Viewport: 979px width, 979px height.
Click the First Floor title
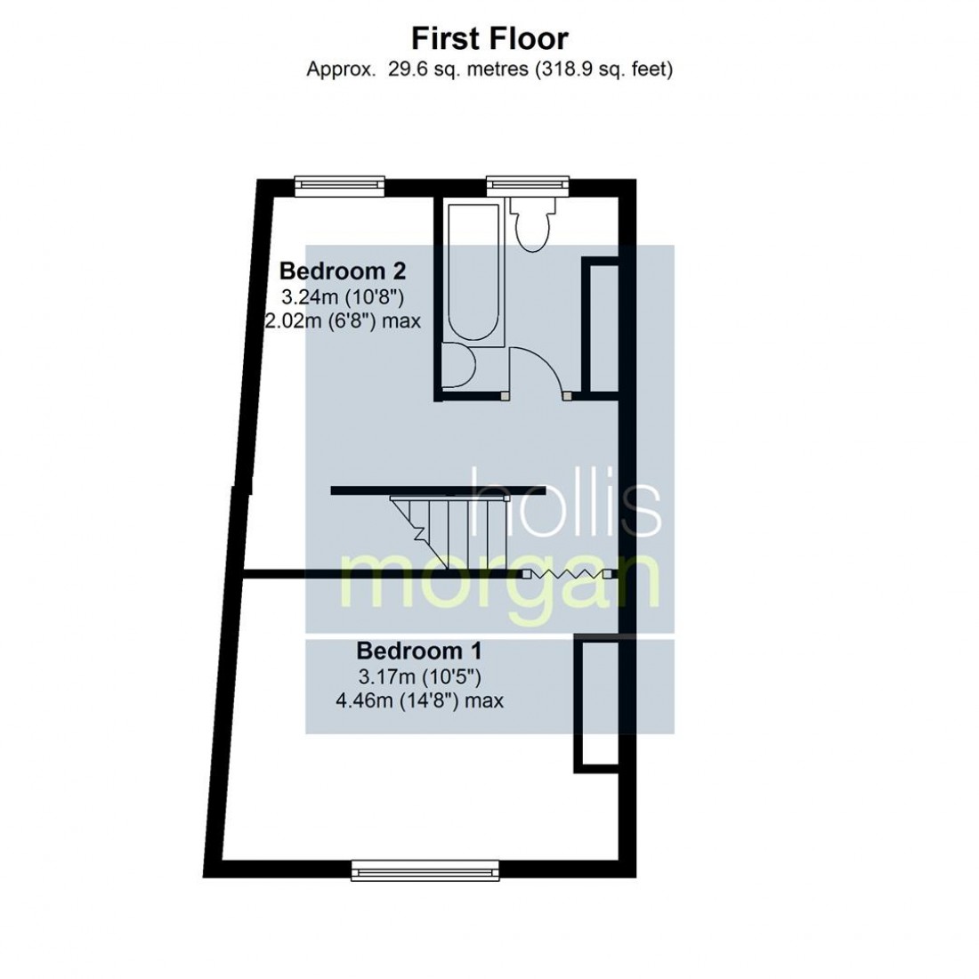489,38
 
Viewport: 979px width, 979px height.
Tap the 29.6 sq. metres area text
489,69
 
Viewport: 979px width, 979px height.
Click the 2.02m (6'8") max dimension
344,320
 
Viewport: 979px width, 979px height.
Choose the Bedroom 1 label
419,649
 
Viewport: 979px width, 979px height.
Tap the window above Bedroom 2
341,184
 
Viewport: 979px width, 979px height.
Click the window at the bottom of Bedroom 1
424,869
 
